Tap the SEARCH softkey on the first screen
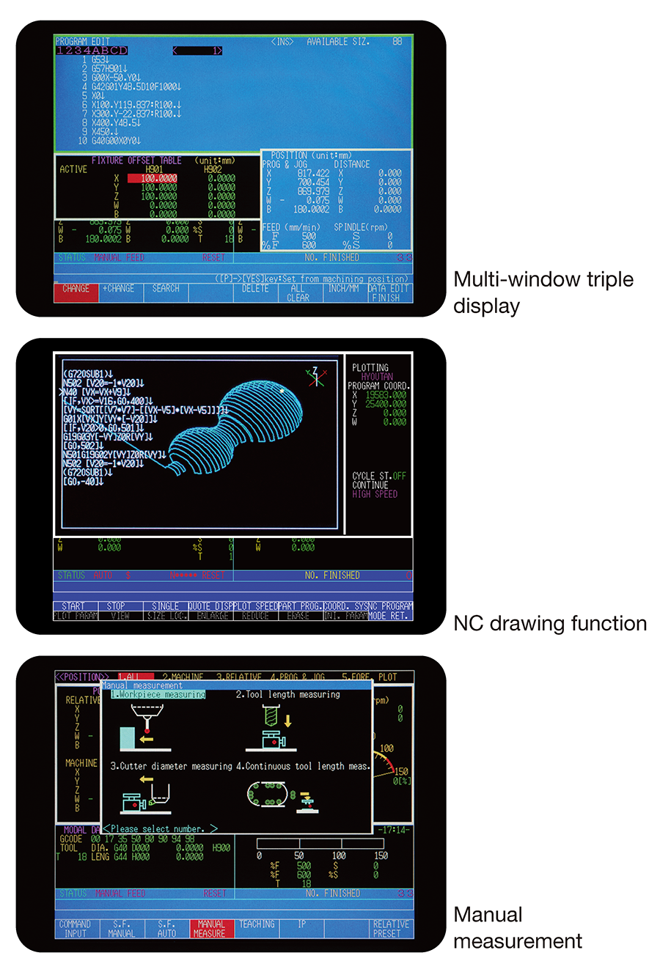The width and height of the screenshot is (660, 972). pyautogui.click(x=166, y=290)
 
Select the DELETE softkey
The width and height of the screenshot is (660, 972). pyautogui.click(x=255, y=290)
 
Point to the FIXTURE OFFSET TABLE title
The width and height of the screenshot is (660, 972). pyautogui.click(x=136, y=160)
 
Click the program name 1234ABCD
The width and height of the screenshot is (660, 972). pyautogui.click(x=92, y=51)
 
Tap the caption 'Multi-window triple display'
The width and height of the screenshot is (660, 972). pyautogui.click(x=543, y=292)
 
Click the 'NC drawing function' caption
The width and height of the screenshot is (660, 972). pyautogui.click(x=550, y=623)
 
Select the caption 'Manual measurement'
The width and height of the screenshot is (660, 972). pyautogui.click(x=517, y=927)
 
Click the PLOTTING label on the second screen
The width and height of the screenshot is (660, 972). pyautogui.click(x=370, y=367)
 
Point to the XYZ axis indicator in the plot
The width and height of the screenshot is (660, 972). pyautogui.click(x=316, y=377)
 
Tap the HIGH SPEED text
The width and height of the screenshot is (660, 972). pyautogui.click(x=375, y=494)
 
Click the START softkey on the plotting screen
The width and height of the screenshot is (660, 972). pyautogui.click(x=73, y=606)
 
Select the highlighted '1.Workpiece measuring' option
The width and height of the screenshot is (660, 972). pyautogui.click(x=158, y=694)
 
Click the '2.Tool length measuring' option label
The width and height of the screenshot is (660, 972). pyautogui.click(x=287, y=694)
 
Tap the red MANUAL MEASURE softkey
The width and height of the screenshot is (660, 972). pyautogui.click(x=211, y=929)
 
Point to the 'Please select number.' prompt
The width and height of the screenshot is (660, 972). pyautogui.click(x=160, y=828)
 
